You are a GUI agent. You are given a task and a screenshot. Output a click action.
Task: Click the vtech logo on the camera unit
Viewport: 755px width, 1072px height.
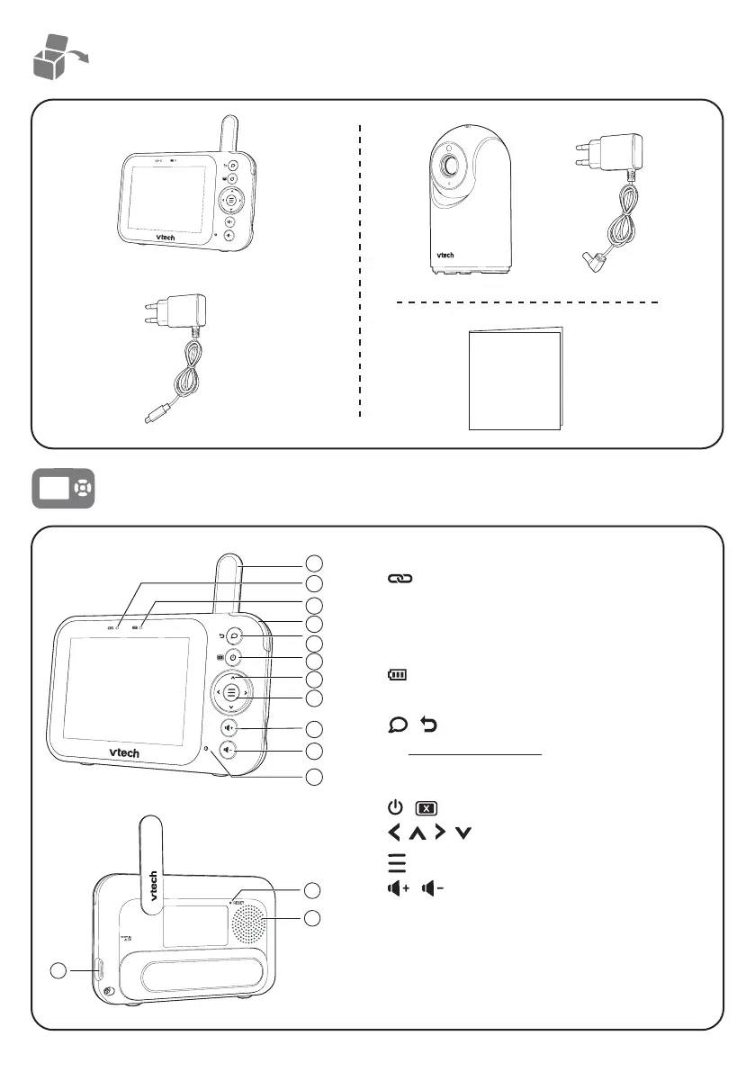tap(446, 255)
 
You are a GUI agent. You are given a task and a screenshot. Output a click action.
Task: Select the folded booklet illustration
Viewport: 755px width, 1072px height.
tap(516, 380)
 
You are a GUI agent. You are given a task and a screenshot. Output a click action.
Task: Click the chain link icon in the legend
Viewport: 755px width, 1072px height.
tap(397, 582)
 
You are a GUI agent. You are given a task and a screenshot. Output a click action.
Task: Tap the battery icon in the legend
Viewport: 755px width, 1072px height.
tap(397, 673)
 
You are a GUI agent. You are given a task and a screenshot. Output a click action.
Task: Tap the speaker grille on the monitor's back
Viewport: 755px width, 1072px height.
tap(249, 920)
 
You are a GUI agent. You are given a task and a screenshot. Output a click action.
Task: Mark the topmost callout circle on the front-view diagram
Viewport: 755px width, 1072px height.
tap(313, 563)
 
